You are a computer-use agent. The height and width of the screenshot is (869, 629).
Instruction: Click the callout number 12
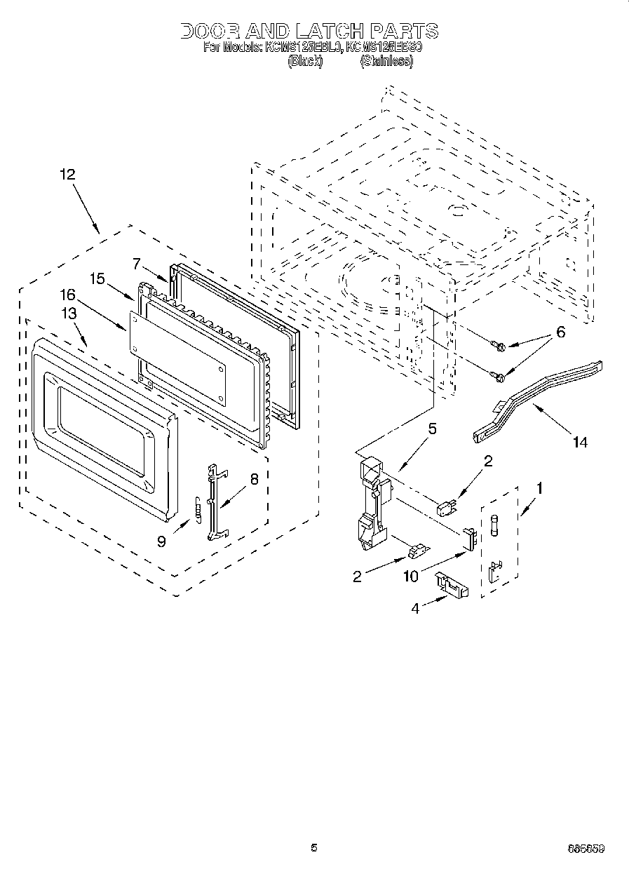point(67,175)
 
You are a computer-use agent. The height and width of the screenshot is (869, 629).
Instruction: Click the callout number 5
point(432,429)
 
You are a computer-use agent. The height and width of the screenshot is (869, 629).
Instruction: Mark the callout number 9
point(163,542)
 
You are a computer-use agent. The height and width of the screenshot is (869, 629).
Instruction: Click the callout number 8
point(254,480)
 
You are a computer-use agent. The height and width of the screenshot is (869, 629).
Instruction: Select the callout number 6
point(560,332)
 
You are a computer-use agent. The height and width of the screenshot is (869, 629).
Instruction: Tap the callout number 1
point(539,485)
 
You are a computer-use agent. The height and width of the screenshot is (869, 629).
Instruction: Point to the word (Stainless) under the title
point(386,61)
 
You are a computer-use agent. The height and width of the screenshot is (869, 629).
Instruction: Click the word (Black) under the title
point(305,61)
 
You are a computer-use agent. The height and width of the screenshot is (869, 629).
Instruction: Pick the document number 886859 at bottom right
point(586,849)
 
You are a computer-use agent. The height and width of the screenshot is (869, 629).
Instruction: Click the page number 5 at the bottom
point(314,848)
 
